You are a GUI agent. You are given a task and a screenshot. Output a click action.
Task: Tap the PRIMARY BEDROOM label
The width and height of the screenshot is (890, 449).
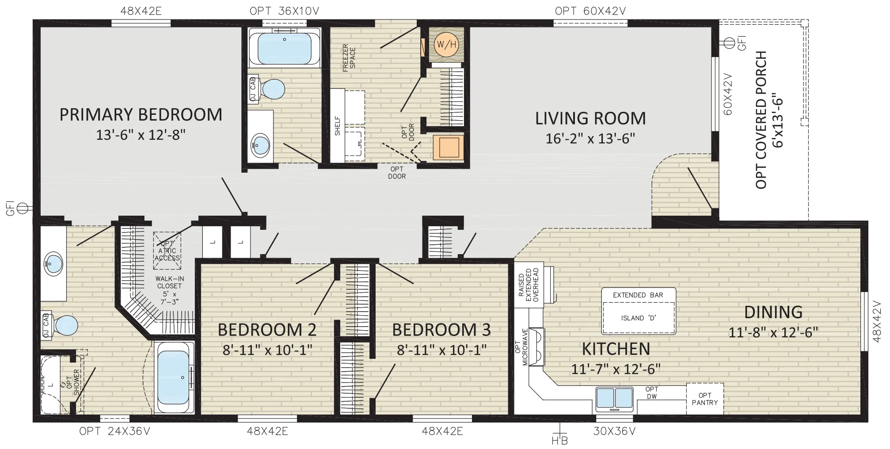click(141, 115)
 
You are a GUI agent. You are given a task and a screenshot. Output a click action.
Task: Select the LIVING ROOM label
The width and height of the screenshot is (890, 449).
click(590, 118)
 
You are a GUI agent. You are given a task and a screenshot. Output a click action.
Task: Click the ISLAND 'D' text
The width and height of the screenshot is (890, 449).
click(638, 318)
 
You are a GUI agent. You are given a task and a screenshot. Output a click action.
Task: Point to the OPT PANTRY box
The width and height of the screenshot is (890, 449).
click(705, 399)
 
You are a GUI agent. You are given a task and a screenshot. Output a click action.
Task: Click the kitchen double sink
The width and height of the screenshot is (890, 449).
click(614, 398)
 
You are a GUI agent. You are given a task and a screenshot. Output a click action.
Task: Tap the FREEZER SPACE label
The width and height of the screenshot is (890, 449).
click(349, 57)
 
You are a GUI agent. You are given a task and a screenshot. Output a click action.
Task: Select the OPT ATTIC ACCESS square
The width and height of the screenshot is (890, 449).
click(167, 251)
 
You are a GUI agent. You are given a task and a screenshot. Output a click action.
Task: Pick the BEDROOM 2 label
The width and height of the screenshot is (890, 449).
click(267, 330)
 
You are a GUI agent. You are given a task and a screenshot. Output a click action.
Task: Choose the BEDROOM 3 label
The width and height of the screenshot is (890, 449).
click(441, 330)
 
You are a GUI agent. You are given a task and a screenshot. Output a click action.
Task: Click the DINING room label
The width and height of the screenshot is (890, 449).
click(773, 312)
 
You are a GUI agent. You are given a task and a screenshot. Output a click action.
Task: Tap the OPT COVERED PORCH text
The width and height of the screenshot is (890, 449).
click(761, 120)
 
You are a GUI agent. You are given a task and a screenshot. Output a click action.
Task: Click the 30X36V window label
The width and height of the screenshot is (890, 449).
click(614, 431)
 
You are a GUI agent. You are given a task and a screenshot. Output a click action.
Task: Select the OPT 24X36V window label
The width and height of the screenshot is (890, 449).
click(115, 431)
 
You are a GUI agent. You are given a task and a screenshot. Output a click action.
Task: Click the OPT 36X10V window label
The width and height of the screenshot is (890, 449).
click(284, 11)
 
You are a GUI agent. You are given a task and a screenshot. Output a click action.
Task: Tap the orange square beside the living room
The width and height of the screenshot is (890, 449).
click(448, 147)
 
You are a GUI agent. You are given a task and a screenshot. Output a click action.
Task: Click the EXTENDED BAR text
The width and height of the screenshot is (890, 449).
click(638, 295)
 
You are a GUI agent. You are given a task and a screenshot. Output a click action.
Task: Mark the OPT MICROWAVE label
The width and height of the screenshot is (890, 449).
click(522, 346)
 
